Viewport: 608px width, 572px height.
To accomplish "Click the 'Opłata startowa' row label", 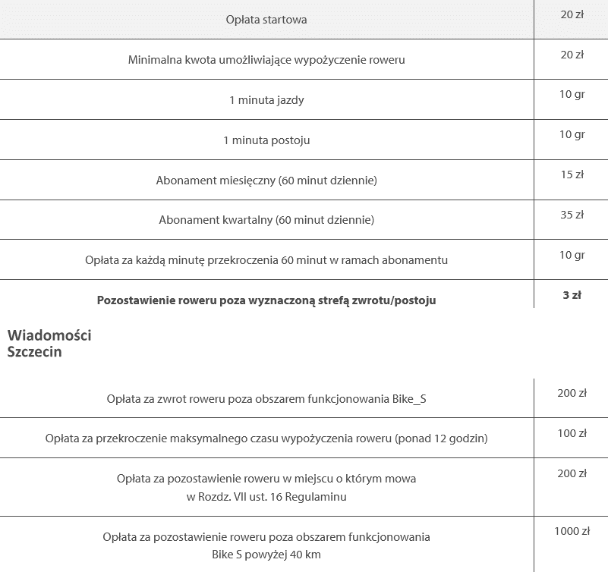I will click(266, 19).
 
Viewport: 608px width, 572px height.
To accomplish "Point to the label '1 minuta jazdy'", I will click(266, 99).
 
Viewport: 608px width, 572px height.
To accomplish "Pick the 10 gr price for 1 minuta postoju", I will click(572, 134).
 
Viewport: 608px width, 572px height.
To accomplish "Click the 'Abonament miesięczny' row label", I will click(266, 180).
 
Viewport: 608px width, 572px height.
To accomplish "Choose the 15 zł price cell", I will click(572, 174).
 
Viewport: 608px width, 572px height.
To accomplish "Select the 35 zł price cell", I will click(572, 215).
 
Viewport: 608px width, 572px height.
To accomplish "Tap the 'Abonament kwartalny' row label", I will click(266, 220).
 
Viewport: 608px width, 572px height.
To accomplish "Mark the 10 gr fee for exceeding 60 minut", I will click(572, 255).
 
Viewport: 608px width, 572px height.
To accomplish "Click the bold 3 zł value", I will click(572, 295).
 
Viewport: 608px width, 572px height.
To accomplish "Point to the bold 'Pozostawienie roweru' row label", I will click(266, 300).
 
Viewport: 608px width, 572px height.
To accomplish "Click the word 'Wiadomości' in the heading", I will click(49, 335).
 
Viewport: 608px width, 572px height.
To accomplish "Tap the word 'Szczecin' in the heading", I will click(34, 352).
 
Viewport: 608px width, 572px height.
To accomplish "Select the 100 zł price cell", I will click(572, 433).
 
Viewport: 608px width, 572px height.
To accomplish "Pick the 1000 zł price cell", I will click(572, 531).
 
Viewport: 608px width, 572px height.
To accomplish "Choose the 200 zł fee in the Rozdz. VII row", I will click(572, 473).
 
